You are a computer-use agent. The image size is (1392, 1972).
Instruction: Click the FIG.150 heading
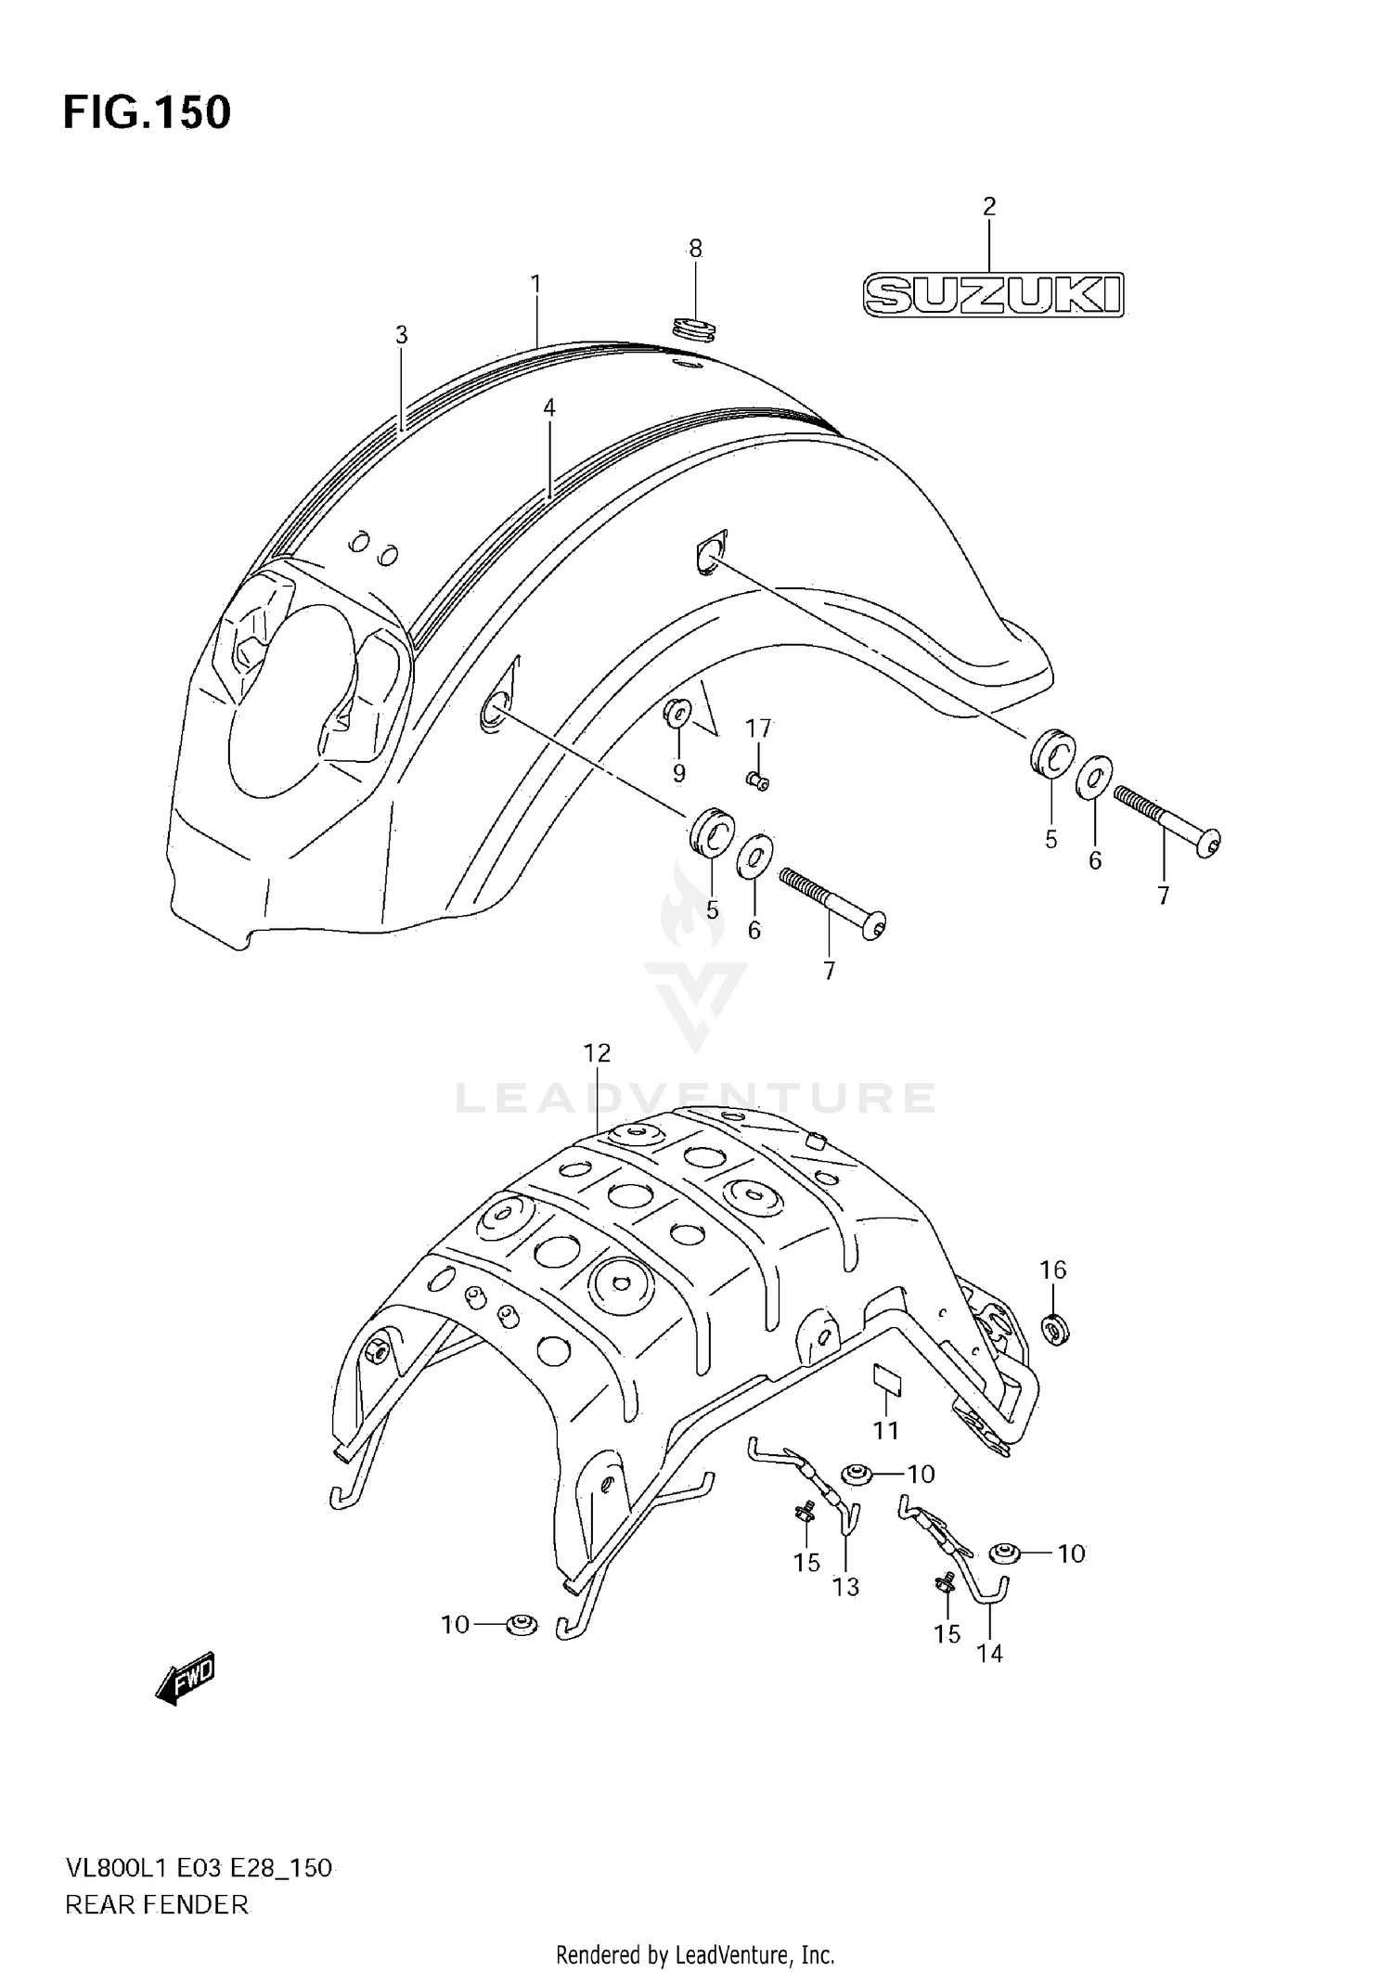click(147, 113)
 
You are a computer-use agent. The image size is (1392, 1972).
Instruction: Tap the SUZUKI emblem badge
click(993, 295)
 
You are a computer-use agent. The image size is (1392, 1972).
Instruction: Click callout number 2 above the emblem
click(989, 206)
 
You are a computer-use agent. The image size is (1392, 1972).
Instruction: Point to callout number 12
click(597, 1053)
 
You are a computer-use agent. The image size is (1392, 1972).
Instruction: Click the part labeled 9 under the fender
click(677, 713)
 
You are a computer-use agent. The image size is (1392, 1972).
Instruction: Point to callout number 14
click(990, 1653)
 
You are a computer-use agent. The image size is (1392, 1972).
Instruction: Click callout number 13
click(845, 1587)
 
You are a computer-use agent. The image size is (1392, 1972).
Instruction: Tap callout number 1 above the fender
click(535, 284)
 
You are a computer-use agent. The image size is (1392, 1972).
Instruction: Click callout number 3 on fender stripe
click(401, 335)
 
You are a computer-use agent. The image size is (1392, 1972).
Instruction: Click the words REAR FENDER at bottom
click(156, 1905)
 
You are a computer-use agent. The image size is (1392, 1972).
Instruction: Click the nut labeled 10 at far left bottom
click(522, 1624)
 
